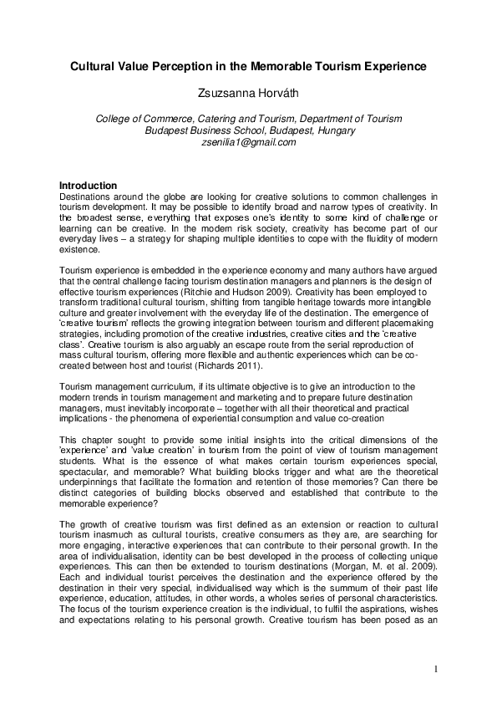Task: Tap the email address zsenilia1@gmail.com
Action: [248, 142]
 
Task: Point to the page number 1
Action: [436, 670]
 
